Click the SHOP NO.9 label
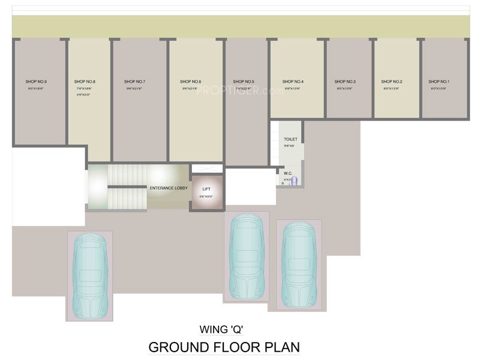(36, 81)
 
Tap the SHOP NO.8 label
(85, 81)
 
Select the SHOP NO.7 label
(135, 81)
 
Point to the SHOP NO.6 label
(190, 81)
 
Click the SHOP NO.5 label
(244, 81)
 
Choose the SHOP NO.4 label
(293, 81)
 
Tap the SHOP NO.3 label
(345, 81)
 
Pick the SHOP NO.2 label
(392, 81)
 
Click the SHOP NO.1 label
(439, 81)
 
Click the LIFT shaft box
(206, 191)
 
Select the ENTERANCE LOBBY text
(169, 188)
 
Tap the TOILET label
(290, 139)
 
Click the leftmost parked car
(90, 276)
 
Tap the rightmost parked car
(298, 265)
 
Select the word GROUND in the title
(176, 347)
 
